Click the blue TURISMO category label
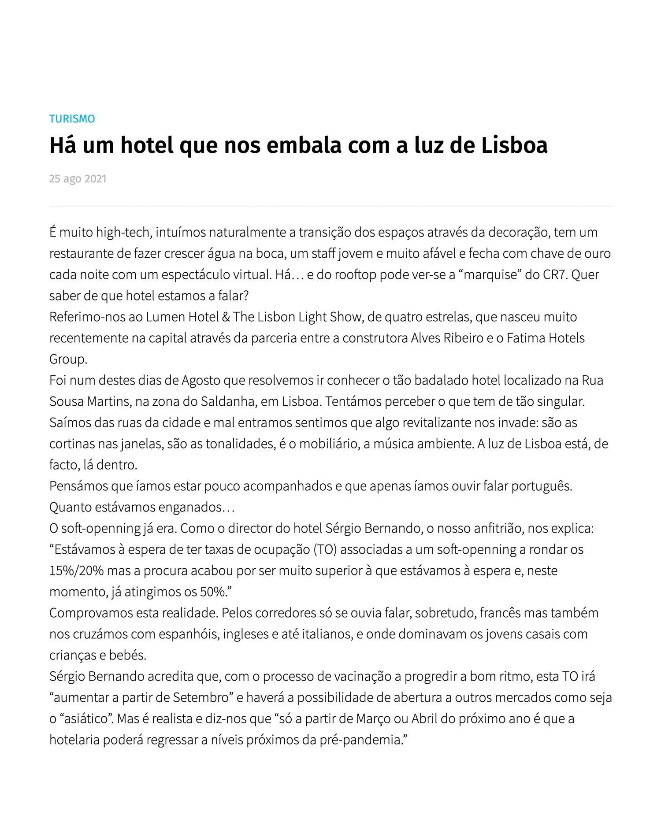coord(72,119)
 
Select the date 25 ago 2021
coord(78,179)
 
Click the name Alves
coord(425,338)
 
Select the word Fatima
coord(524,338)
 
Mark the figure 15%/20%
coord(76,570)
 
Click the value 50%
coord(213,592)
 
